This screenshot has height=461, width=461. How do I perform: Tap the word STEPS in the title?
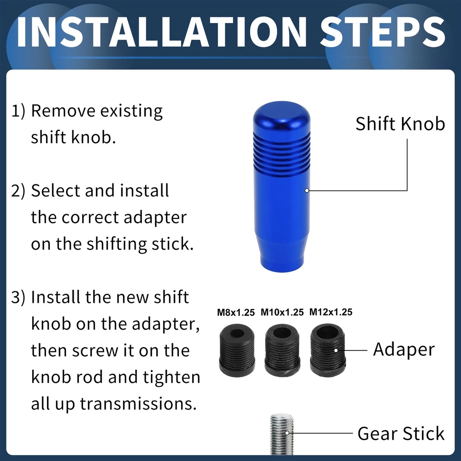pos(383,32)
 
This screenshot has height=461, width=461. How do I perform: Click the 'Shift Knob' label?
pos(400,124)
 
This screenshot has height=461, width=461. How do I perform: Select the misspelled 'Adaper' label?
pos(404,350)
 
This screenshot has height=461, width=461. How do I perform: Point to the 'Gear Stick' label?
pos(401,433)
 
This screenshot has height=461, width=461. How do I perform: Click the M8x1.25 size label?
pos(236,312)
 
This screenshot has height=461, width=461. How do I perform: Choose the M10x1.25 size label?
pos(282,312)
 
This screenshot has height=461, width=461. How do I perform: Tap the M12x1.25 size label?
pos(331,312)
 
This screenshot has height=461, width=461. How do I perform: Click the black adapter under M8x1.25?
pos(237,350)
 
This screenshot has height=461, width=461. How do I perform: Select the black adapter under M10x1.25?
pos(282,350)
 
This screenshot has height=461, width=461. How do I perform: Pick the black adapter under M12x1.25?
pos(328,350)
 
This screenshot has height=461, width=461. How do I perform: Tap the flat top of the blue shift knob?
pos(282,113)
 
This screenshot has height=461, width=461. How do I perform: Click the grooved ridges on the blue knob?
pos(282,154)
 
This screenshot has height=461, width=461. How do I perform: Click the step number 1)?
pos(18,111)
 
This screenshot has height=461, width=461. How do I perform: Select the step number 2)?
pos(18,191)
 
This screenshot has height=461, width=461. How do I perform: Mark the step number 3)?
pos(18,297)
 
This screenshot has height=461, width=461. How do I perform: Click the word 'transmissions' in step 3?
pos(138,403)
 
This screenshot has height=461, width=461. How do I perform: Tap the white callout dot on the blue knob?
pos(307,190)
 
